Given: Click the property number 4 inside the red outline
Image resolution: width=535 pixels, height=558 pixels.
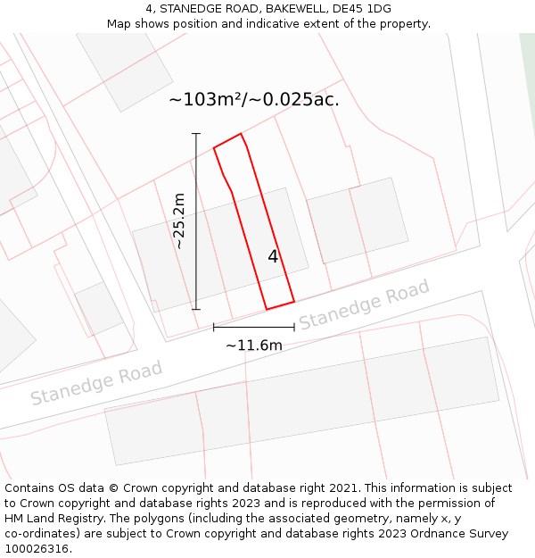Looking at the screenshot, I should point(273,257).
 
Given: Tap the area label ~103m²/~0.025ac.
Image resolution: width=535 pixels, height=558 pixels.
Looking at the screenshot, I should point(254,100).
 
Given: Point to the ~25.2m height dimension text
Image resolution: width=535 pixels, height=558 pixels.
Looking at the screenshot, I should point(179,221).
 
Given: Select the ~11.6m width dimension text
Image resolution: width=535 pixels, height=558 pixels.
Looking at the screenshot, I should point(253,346).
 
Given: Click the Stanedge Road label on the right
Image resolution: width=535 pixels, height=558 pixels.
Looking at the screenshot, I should point(364,305).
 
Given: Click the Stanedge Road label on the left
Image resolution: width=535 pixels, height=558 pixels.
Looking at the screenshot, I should point(96,382).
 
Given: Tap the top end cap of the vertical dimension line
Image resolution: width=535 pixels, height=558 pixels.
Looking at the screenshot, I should point(196,133).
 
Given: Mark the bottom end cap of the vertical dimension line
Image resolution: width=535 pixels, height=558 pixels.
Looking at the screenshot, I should point(196,310).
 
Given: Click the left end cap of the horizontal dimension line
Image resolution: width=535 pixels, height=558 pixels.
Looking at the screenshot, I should point(214,328).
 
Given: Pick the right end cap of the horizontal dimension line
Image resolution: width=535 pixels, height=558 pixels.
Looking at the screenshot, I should point(294,328).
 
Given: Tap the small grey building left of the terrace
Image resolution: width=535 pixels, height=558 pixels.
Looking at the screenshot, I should point(98,308).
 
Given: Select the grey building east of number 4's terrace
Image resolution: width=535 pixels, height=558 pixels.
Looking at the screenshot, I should point(357,221).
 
